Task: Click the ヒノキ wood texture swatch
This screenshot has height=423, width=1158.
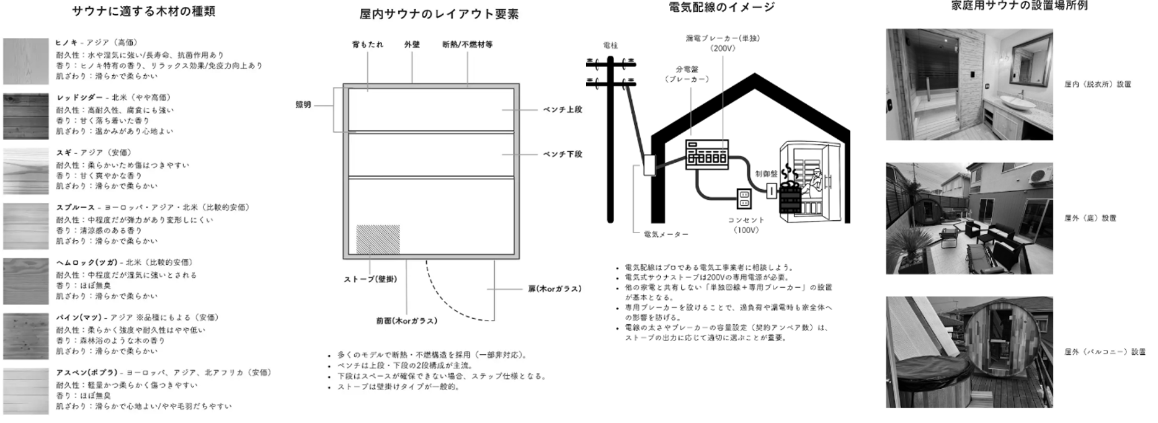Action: tap(25, 61)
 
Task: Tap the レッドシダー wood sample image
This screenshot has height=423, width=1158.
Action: tap(25, 116)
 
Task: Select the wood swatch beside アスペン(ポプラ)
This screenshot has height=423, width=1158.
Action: tap(25, 391)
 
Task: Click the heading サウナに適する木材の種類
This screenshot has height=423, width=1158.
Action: tap(143, 11)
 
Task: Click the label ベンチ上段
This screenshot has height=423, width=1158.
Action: tap(563, 110)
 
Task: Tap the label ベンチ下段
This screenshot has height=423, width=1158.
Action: tap(563, 154)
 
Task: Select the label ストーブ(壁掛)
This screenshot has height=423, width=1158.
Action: tap(370, 279)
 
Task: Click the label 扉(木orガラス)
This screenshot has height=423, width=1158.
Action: tap(555, 289)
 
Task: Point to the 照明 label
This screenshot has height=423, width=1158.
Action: tap(303, 105)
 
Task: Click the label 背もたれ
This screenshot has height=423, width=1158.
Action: tap(367, 45)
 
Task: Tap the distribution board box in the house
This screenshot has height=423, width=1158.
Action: tap(706, 154)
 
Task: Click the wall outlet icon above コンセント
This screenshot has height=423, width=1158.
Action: tap(744, 199)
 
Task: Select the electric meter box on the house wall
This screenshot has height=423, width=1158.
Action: tap(648, 165)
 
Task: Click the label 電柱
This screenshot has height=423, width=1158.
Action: tap(610, 45)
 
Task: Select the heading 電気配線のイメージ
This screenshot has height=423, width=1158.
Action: tap(722, 7)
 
